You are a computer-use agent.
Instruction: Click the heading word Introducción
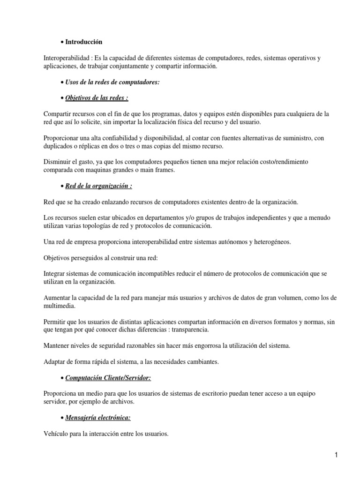pos(83,42)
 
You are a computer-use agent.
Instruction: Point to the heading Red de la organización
pos(98,186)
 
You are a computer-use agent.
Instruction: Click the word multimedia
pos(59,306)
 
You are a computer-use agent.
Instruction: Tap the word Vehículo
pos(56,434)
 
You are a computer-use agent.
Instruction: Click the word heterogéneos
pos(267,242)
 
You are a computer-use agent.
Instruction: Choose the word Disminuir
pos(58,162)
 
